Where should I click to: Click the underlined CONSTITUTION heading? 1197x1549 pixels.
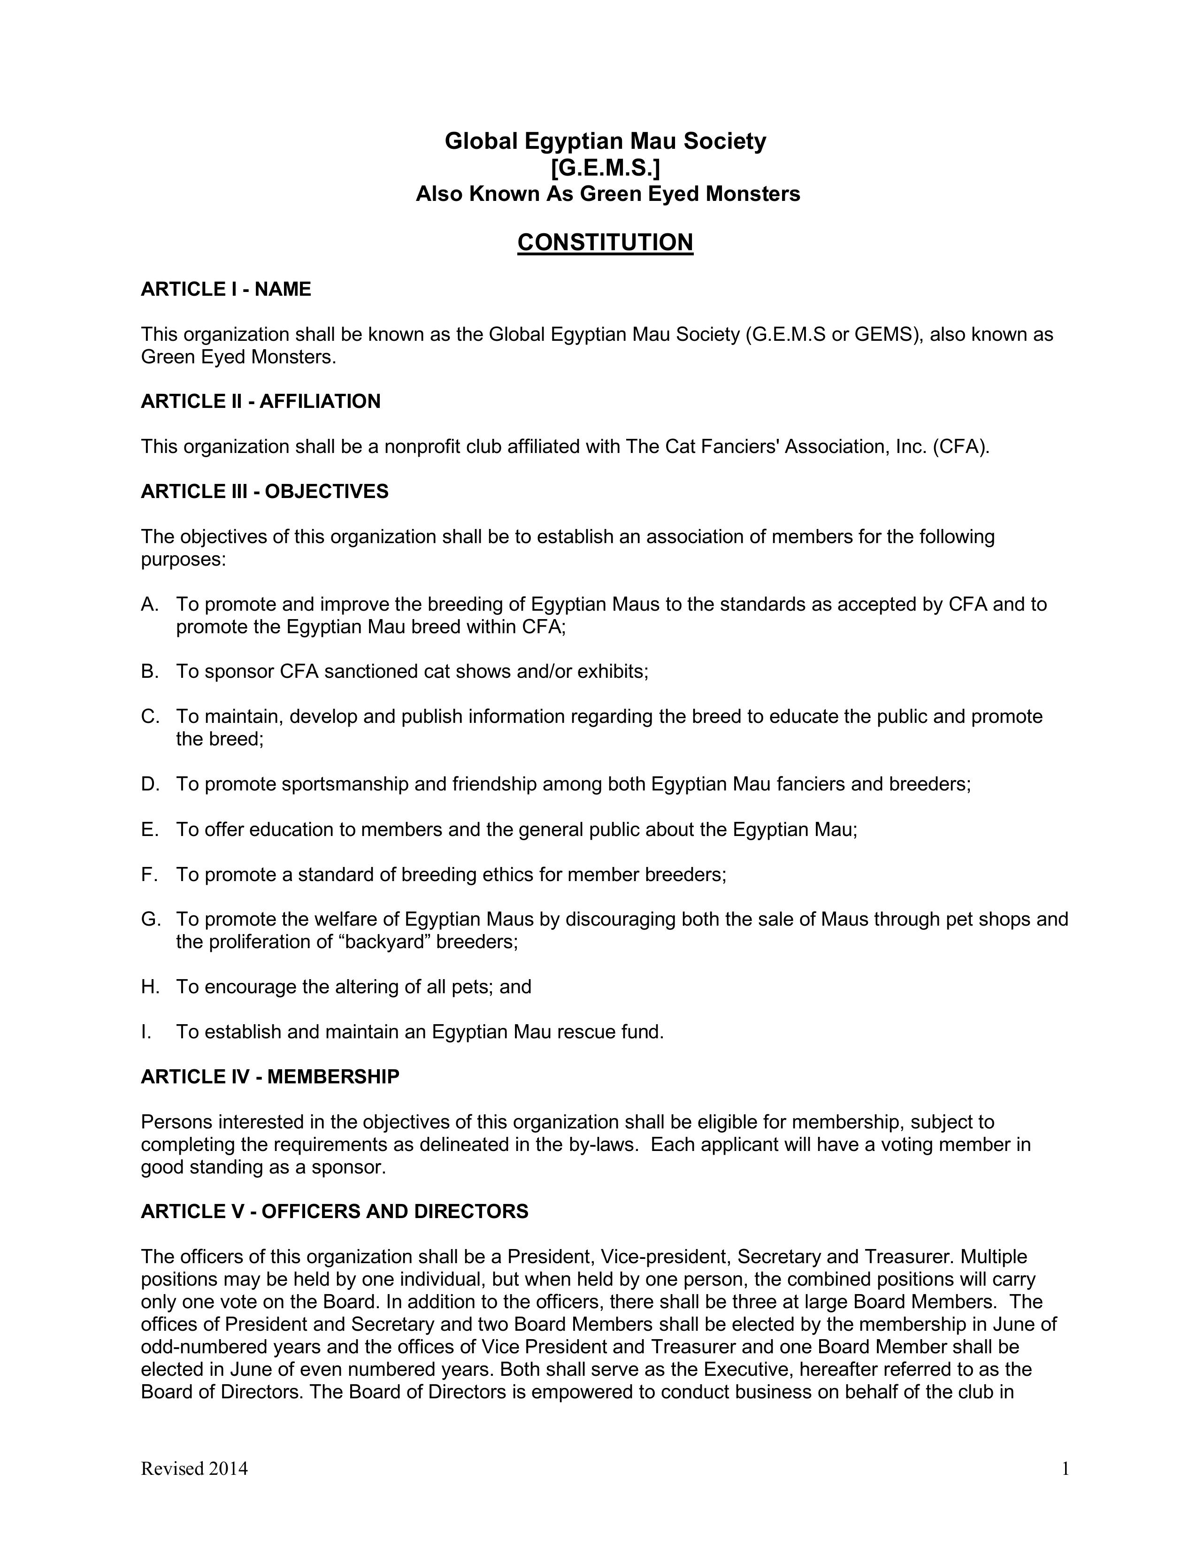click(x=605, y=243)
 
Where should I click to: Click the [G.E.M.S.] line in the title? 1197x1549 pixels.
click(x=605, y=168)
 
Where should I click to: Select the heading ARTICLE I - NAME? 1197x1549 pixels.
click(x=225, y=289)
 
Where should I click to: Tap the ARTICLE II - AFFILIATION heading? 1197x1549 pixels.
click(x=260, y=401)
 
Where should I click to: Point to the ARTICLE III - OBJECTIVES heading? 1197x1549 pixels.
click(x=264, y=491)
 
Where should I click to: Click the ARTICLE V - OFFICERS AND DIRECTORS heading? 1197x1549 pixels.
click(x=335, y=1212)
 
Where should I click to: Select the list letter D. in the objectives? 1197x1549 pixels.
click(x=150, y=784)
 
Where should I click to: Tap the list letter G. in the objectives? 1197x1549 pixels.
click(x=150, y=919)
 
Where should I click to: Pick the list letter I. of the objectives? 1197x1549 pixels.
click(x=146, y=1032)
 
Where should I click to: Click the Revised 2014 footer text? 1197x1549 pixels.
click(x=194, y=1468)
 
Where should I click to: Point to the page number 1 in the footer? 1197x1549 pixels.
click(x=1065, y=1468)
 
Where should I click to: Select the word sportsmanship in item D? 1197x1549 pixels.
click(x=345, y=784)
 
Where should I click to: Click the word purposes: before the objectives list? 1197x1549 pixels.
click(x=184, y=560)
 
